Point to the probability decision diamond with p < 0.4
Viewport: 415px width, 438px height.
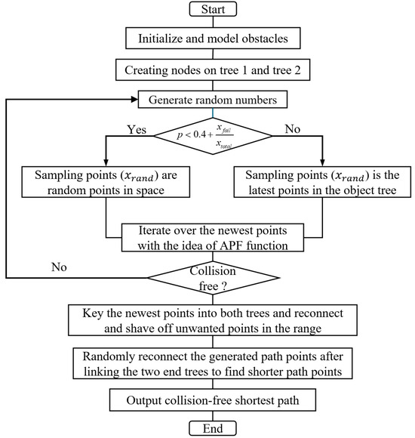point(212,135)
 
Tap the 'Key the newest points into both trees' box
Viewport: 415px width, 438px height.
point(212,319)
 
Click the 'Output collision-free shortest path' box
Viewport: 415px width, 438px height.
point(212,398)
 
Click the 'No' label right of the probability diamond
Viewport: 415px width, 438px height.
point(291,128)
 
